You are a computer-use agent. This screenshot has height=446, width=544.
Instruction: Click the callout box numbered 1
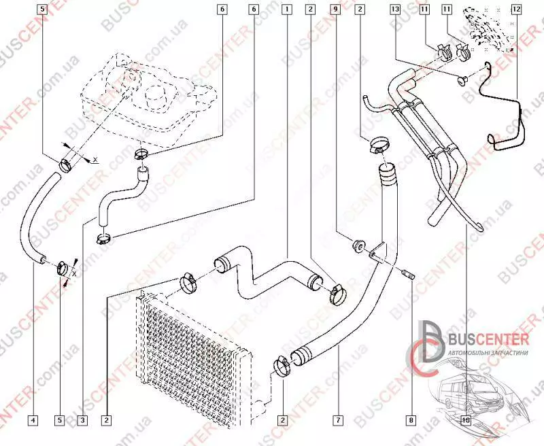(288, 10)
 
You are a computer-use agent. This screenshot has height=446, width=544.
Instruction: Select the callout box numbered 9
(335, 10)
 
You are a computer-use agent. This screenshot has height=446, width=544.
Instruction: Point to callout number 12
(516, 10)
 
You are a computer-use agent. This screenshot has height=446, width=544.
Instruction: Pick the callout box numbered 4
(33, 420)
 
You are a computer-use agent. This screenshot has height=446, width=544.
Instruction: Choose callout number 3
(82, 420)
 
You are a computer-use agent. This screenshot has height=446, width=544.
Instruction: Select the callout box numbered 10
(465, 420)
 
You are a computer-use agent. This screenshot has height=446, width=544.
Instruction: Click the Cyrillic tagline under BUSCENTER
(488, 354)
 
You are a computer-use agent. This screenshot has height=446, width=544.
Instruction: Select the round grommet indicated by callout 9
(358, 244)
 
